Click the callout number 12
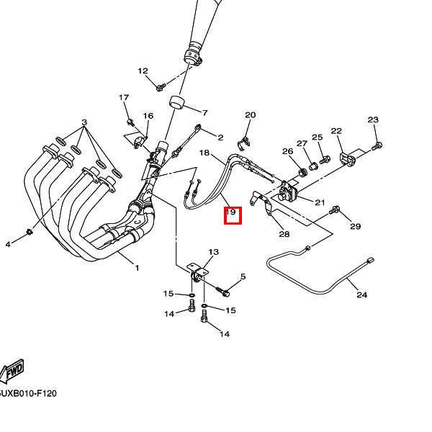143,71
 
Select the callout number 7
204,113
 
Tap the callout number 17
124,98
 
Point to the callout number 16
148,116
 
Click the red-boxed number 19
232,213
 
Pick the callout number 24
361,294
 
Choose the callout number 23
373,120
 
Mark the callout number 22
336,130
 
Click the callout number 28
284,234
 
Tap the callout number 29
355,227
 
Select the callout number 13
213,252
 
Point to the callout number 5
243,276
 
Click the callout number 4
9,244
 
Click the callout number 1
137,268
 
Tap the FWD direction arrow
12,371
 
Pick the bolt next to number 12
160,88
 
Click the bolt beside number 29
335,211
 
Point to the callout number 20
250,115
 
